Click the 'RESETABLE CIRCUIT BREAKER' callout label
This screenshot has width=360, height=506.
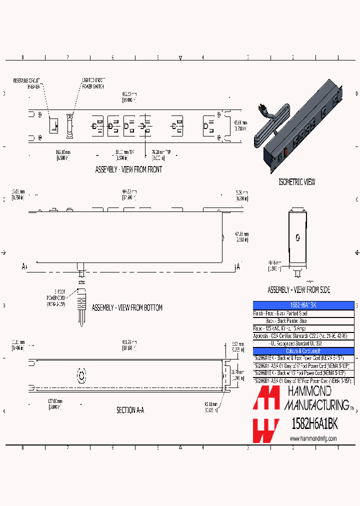coord(26,82)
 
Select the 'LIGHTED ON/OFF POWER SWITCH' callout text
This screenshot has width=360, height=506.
coord(93,82)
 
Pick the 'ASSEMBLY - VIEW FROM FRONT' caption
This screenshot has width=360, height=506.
coord(128,170)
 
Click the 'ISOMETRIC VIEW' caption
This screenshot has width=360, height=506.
coord(296,182)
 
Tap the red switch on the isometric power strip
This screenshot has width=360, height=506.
coord(285,151)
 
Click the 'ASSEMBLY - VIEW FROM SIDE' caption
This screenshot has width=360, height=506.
coord(298,290)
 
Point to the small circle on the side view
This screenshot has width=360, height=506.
coord(298,238)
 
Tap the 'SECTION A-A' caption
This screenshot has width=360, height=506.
coord(130,410)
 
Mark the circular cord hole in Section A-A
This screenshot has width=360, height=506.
coord(80,375)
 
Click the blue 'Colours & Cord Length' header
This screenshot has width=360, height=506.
coord(303,350)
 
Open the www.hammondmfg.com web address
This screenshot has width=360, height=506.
coord(313,438)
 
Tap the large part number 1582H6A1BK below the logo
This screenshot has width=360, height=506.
coord(314,424)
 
